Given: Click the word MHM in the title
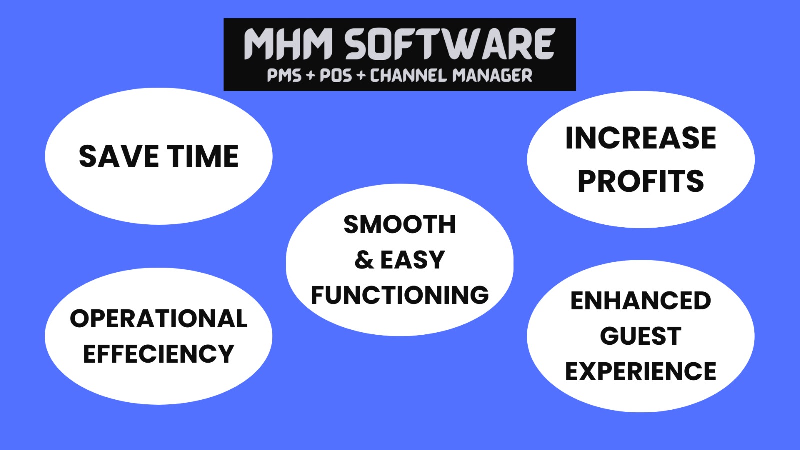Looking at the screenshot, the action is [288, 44].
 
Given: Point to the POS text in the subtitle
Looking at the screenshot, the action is [336, 75].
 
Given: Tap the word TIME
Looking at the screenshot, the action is [203, 156].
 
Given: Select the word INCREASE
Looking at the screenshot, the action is [641, 138].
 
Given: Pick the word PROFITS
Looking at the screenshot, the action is [641, 181].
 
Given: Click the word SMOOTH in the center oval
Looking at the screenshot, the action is [400, 224].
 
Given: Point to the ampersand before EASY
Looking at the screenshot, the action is [364, 259].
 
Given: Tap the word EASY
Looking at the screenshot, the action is [413, 259].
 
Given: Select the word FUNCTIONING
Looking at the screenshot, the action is [400, 295].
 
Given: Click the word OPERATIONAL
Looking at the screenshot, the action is [159, 318].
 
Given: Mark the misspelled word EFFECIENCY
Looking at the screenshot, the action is [159, 354].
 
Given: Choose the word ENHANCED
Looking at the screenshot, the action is [641, 300].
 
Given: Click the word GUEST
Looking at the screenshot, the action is [641, 336].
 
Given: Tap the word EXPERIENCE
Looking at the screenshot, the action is [641, 371].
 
